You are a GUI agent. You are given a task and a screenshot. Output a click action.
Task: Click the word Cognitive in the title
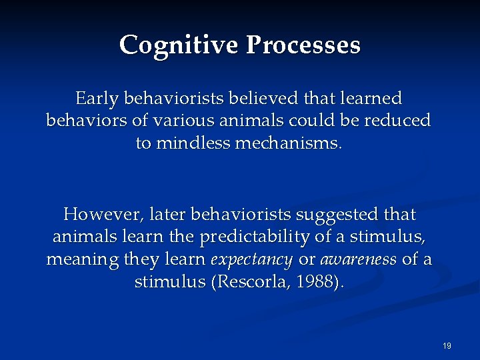pos(179,45)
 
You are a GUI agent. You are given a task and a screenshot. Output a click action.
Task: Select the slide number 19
pos(447,346)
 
